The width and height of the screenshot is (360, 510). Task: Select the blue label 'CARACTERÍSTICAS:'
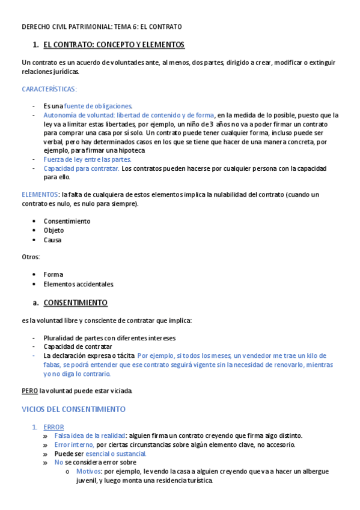tap(49, 89)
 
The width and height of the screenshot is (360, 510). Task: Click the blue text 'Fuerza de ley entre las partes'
tap(87, 159)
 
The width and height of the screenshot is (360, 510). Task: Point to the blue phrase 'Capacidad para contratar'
tap(81, 168)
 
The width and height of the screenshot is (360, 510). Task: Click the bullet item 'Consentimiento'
tap(67, 221)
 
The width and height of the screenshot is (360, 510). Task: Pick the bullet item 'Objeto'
tap(53, 230)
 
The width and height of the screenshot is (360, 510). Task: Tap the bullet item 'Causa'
tap(52, 240)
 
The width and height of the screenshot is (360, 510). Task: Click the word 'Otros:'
tap(31, 257)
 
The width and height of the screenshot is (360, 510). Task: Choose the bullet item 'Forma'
tap(53, 274)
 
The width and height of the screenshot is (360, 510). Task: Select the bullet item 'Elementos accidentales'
tap(78, 284)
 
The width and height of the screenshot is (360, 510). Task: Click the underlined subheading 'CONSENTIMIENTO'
tap(76, 303)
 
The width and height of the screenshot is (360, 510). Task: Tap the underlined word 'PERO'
tap(29, 391)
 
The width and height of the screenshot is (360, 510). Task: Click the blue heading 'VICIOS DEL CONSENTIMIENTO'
tap(73, 409)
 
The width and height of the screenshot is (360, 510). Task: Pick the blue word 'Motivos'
tap(89, 472)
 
